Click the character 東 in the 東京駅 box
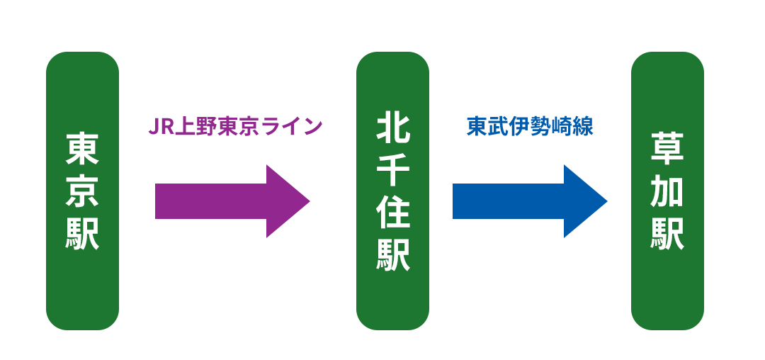coord(82,150)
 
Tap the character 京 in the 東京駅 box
coord(82,191)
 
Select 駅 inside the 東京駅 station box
coord(82,233)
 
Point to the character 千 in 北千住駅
coord(392,170)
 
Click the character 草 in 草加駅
coord(667,150)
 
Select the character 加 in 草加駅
coord(667,191)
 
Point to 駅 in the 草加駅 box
coord(667,233)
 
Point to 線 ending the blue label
coord(583,126)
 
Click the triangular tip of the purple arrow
coord(310,201)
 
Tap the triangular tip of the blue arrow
coord(608,201)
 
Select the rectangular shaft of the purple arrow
coord(211,201)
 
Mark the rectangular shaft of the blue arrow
coord(509,201)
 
